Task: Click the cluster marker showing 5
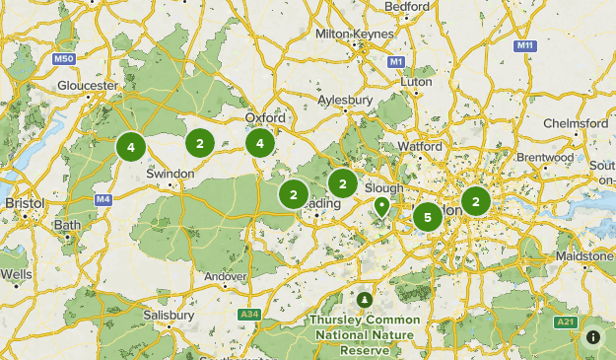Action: (427, 217)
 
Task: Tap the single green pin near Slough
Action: (381, 207)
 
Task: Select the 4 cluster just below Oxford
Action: (260, 143)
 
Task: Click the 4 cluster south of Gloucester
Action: (130, 147)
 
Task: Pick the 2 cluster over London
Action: (476, 202)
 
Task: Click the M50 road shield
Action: (65, 59)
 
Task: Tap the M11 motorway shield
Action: (524, 45)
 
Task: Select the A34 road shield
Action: (249, 315)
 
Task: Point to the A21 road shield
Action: (565, 322)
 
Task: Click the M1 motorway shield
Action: (396, 61)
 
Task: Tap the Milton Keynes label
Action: (352, 34)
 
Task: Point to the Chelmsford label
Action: (577, 123)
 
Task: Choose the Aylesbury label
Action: (346, 101)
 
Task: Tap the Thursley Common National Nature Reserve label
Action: (365, 334)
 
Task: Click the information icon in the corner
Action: (593, 337)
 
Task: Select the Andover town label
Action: (226, 276)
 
